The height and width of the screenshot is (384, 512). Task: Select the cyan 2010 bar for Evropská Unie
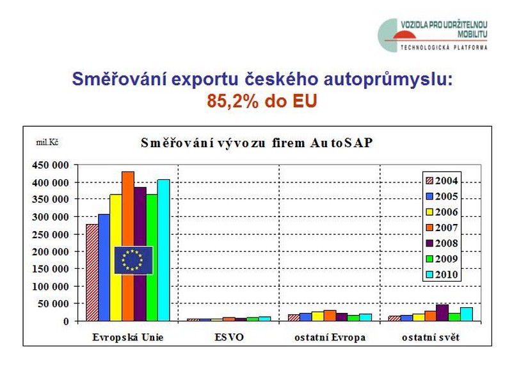coord(164,250)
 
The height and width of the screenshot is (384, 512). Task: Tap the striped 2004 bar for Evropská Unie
coord(92,273)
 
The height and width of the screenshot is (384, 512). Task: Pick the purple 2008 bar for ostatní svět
coord(442,313)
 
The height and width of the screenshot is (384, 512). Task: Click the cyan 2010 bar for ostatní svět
coord(467,314)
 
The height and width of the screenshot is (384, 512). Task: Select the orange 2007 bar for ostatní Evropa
coord(330,316)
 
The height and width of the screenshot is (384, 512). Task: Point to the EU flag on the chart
coord(134,260)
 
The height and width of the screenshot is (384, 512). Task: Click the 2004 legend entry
coord(442,180)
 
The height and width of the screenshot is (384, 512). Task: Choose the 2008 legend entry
coord(442,243)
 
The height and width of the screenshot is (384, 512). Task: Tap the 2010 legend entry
coord(442,275)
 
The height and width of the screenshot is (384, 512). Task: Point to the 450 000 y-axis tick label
coord(51,165)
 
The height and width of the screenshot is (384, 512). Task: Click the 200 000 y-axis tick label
coord(51,252)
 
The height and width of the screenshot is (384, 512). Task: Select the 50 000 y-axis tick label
coord(53,303)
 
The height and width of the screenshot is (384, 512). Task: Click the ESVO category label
coord(229,337)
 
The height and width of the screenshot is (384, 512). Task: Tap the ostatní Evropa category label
coord(330,337)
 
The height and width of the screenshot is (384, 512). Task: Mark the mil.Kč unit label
coord(47,142)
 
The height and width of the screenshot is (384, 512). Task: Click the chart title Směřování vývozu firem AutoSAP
coord(257,143)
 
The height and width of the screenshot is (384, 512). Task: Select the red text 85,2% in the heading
coord(233,101)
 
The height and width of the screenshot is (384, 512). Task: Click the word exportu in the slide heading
coord(204,79)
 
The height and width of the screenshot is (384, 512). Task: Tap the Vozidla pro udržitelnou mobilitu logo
coord(433,35)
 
